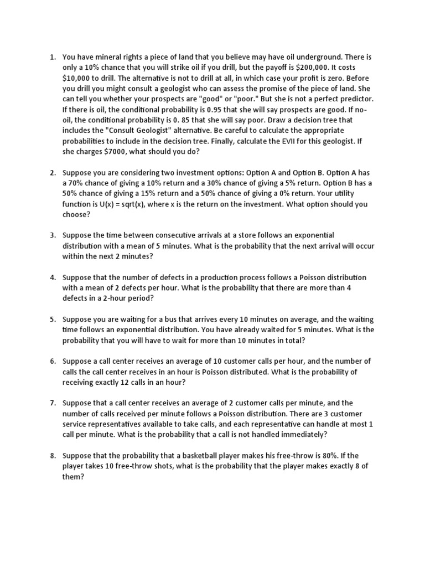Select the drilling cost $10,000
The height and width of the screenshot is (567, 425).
click(x=80, y=78)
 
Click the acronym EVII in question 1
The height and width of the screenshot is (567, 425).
click(x=282, y=141)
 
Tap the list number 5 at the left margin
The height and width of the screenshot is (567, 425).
click(x=53, y=319)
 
